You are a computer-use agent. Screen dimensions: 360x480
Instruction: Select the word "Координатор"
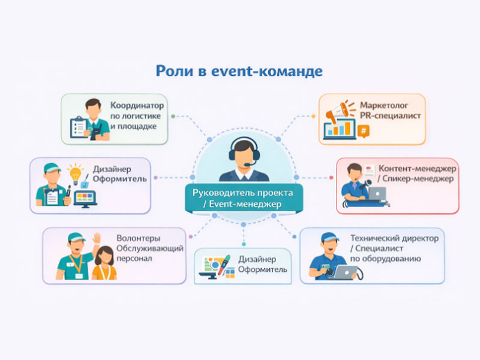click(137, 104)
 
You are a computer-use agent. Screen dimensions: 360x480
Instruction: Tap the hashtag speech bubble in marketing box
click(362, 131)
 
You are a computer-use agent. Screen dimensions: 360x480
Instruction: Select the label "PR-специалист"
click(391, 115)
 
